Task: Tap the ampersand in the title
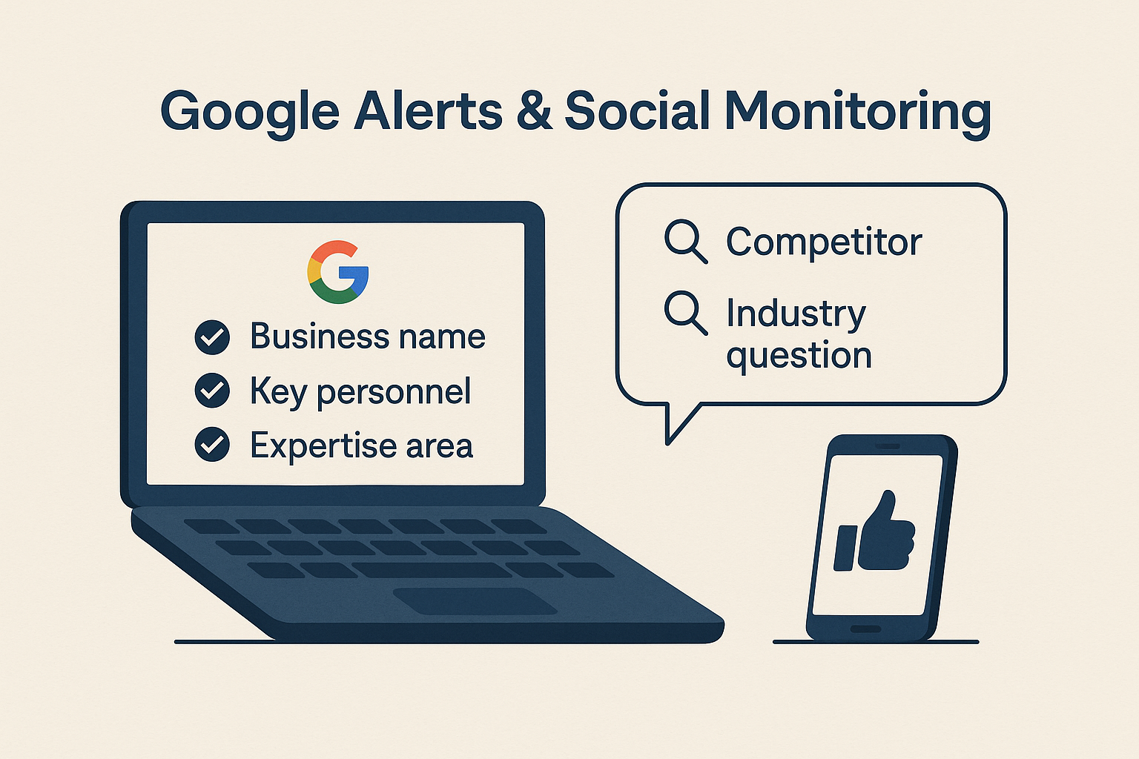[x=534, y=110]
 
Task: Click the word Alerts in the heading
[x=428, y=110]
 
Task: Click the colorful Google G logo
[x=338, y=272]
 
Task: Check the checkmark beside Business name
[x=212, y=337]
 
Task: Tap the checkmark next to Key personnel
[x=212, y=391]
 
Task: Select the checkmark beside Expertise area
[x=212, y=444]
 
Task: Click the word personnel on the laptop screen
[x=394, y=392]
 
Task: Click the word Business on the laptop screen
[x=320, y=336]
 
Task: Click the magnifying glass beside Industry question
[x=686, y=313]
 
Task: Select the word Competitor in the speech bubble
[x=824, y=242]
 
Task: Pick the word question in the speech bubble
[x=799, y=357]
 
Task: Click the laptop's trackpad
[x=475, y=601]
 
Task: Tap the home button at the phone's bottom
[x=865, y=629]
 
